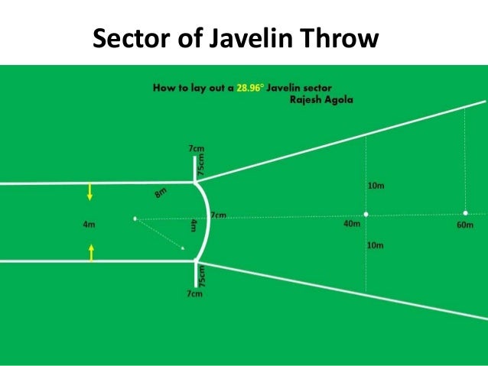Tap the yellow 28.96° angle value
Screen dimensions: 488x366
(247, 89)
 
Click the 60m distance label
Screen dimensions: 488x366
(465, 225)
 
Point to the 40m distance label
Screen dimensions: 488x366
(353, 225)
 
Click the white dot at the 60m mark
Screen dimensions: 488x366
(465, 213)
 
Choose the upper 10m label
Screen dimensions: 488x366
(376, 186)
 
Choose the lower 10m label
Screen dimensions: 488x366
(376, 245)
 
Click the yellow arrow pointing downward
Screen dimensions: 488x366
(90, 193)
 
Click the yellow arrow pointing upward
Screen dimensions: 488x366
(91, 251)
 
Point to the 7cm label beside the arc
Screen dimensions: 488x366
(218, 216)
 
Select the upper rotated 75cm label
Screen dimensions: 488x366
(202, 165)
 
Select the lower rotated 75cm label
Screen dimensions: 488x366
(202, 277)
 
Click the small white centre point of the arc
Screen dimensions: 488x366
(135, 220)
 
